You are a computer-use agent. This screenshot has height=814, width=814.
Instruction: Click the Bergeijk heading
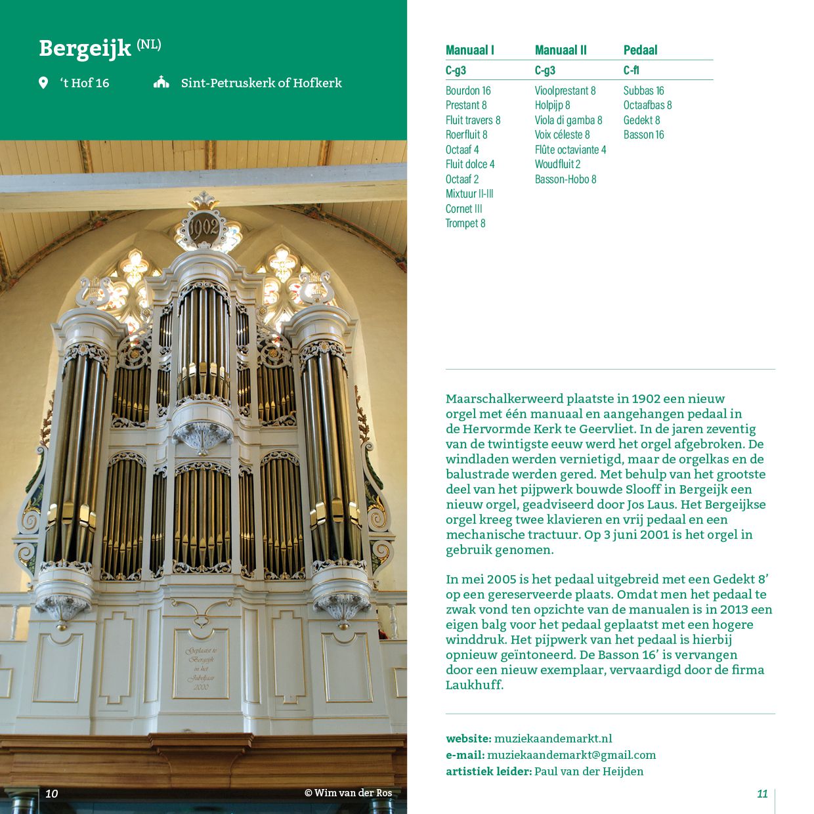tap(85, 49)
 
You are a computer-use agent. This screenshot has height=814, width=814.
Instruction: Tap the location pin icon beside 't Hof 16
tap(43, 83)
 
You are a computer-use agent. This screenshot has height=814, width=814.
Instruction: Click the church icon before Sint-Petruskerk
tap(161, 83)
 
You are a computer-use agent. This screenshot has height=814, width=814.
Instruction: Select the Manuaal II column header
tap(561, 51)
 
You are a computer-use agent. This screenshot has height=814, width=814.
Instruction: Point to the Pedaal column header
tap(640, 51)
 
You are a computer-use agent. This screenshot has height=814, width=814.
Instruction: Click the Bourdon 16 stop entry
tap(468, 91)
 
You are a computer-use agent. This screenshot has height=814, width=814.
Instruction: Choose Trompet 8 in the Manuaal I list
tap(465, 223)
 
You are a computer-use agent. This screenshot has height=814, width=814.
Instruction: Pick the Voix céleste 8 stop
tap(562, 135)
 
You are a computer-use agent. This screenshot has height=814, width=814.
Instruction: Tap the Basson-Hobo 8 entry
tap(565, 179)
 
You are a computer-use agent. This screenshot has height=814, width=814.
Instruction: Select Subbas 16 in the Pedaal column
tap(643, 91)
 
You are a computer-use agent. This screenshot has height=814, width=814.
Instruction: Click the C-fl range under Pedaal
tap(631, 70)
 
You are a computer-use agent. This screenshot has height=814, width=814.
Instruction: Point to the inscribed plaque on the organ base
tap(201, 664)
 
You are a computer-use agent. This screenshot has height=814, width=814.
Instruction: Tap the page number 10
tap(52, 794)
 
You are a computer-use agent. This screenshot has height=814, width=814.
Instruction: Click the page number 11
tap(762, 794)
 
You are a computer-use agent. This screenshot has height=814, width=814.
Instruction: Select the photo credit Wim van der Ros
tap(348, 793)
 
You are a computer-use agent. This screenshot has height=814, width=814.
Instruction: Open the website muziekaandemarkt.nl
tap(553, 739)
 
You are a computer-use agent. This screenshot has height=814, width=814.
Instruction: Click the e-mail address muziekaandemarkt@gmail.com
tap(571, 755)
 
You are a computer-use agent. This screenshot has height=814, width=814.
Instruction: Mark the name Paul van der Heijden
tap(589, 771)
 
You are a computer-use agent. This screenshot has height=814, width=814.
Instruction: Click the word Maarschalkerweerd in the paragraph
tap(504, 398)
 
